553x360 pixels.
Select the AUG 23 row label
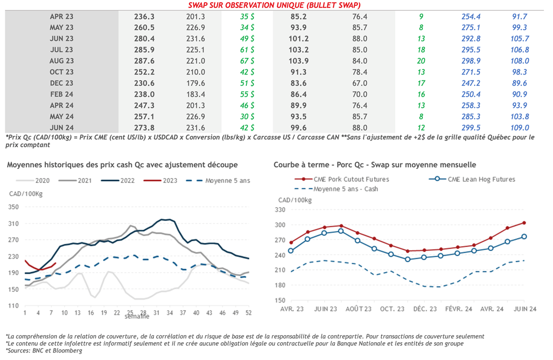[62, 61]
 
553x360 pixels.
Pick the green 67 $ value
[248, 61]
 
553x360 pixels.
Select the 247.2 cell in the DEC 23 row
[472, 83]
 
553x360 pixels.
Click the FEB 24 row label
[62, 94]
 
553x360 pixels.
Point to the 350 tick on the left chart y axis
[13, 207]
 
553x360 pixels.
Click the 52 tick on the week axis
[248, 313]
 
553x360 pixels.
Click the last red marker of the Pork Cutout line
[524, 222]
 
